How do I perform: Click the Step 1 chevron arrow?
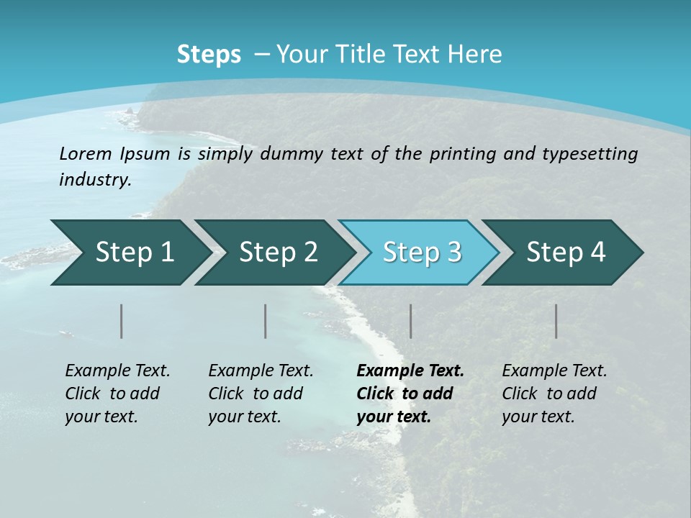pos(130,253)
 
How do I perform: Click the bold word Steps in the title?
pos(209,55)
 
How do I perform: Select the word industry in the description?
pos(95,179)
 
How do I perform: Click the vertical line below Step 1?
pos(122,321)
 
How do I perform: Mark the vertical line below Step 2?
pos(266,321)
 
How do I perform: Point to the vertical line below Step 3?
pos(411,321)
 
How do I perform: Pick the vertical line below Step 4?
pos(556,321)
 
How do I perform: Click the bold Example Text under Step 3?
pos(410,371)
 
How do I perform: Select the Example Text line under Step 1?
pos(117,371)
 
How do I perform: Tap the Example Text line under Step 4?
pos(554,371)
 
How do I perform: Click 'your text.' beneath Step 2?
pos(245,417)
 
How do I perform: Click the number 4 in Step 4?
pos(597,253)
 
